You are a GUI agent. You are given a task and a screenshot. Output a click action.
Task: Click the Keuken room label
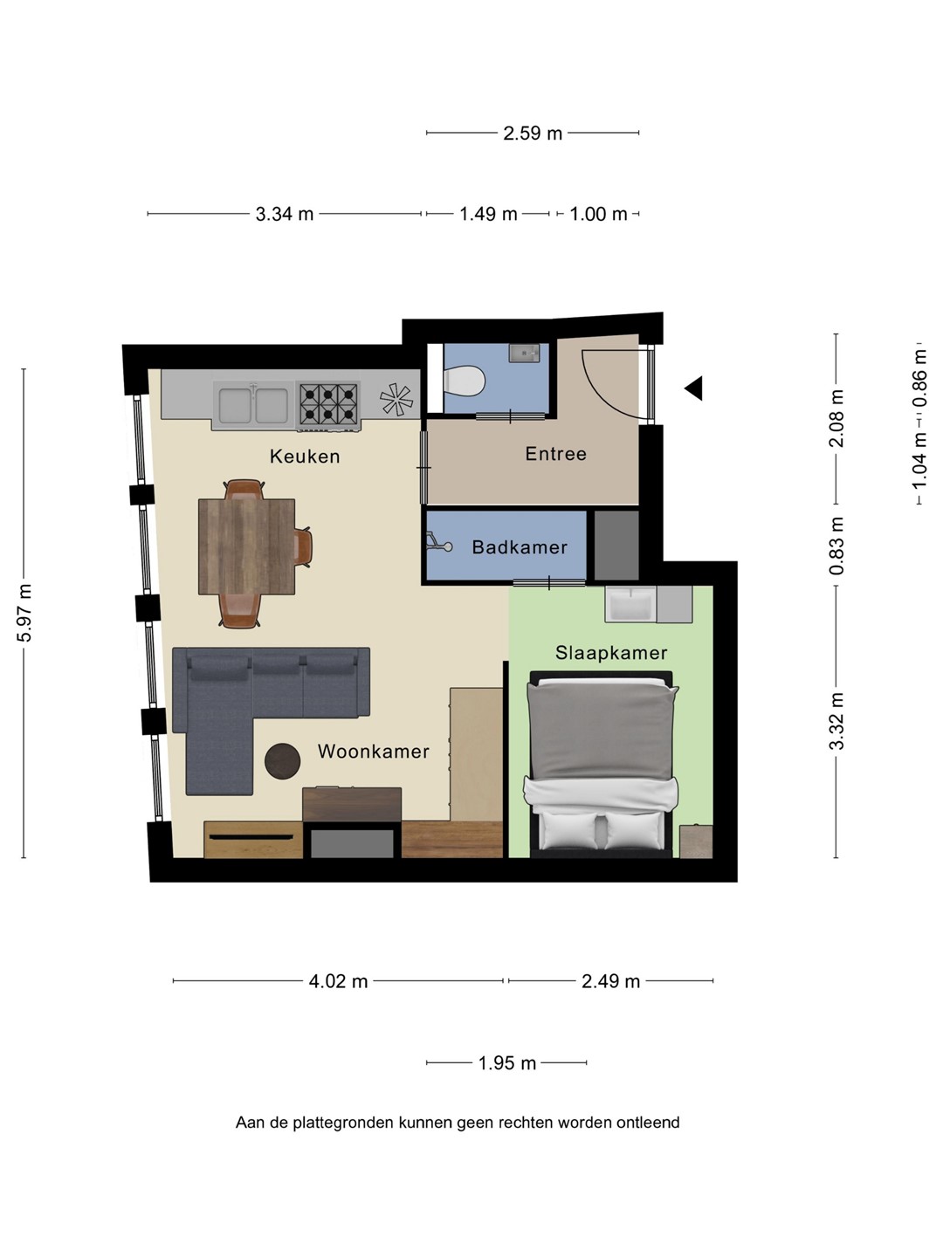(305, 457)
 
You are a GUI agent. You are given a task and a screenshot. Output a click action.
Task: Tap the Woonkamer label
(374, 752)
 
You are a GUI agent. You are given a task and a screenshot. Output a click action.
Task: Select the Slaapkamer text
(611, 653)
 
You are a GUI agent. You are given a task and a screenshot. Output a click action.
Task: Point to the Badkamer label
(520, 547)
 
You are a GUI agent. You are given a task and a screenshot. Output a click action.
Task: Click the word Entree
(556, 454)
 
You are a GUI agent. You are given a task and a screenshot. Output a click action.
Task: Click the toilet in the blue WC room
(465, 381)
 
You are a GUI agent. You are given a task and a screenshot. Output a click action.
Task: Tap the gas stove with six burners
(328, 405)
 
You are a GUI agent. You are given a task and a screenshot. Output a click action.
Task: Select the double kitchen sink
(252, 405)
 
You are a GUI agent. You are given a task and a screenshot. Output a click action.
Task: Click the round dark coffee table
(282, 760)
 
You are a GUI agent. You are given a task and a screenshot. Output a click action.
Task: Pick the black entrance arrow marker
(694, 388)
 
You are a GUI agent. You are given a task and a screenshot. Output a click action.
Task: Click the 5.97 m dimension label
(24, 613)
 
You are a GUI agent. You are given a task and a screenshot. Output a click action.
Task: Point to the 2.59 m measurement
(533, 134)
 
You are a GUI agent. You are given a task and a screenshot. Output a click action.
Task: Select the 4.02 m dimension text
(338, 981)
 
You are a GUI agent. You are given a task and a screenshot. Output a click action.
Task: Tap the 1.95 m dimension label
(506, 1063)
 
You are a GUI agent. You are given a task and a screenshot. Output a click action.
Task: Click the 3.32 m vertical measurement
(836, 721)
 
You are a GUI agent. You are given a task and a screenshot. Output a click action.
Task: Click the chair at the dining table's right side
(304, 546)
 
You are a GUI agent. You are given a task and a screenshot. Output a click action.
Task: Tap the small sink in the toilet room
(524, 354)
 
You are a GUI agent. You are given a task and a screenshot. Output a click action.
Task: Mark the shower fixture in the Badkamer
(439, 542)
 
